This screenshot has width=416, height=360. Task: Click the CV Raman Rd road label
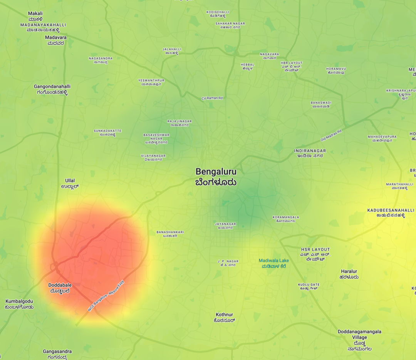tap(212, 98)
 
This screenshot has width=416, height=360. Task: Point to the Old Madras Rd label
tap(331, 135)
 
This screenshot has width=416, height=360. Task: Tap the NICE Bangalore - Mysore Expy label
tap(106, 296)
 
